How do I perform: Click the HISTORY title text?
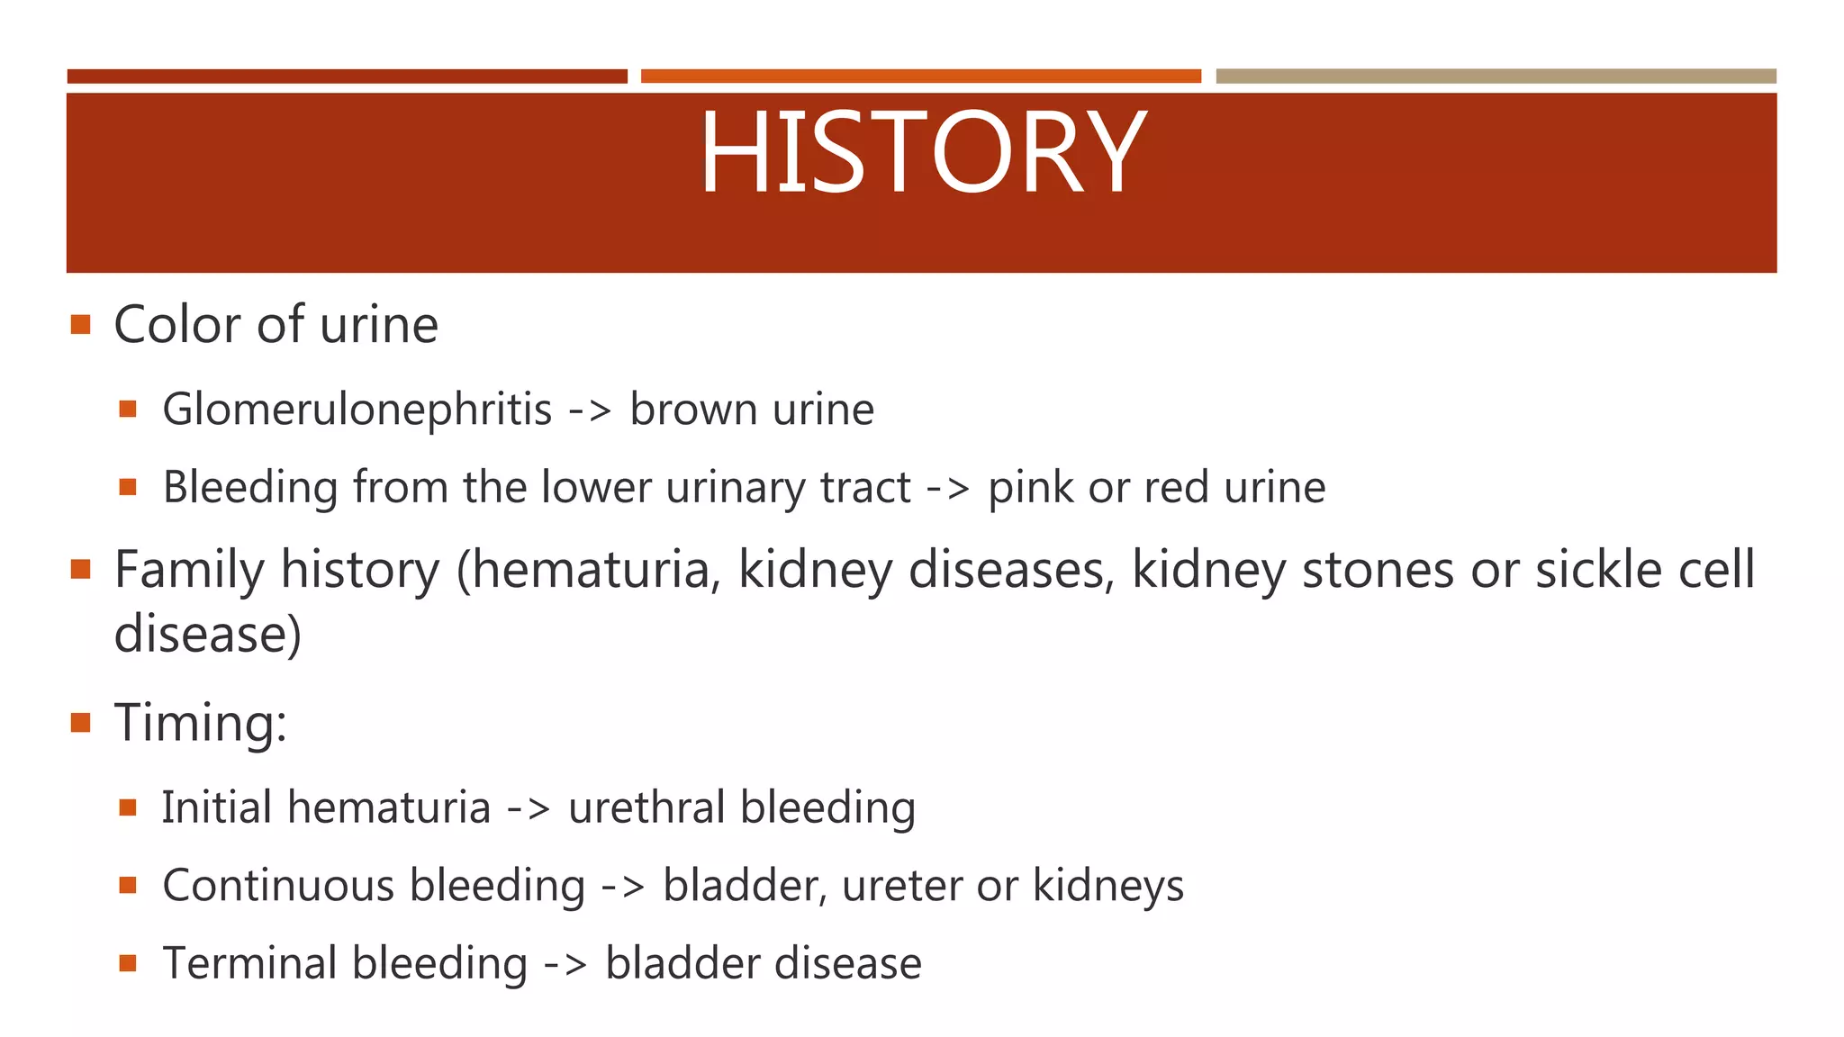[922, 152]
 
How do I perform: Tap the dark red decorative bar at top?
[347, 77]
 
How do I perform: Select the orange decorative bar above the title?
[920, 77]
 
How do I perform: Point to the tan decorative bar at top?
[1496, 77]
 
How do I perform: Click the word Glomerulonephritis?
[357, 410]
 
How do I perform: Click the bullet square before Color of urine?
[81, 324]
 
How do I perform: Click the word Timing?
[200, 723]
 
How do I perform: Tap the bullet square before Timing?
[81, 722]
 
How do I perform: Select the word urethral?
[646, 807]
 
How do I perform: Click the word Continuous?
[278, 886]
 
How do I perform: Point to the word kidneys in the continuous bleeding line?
[1107, 887]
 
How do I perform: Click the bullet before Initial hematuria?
[127, 807]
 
